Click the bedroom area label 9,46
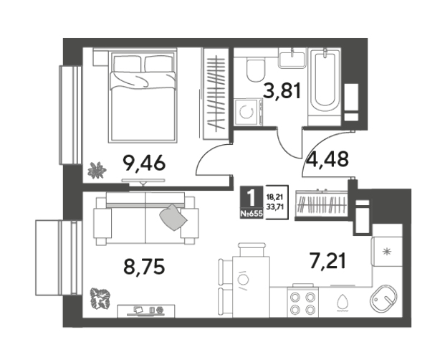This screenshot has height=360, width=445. [143, 164]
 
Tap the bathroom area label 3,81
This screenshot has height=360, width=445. [282, 91]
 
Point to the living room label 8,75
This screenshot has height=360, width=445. [144, 267]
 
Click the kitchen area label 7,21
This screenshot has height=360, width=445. [327, 261]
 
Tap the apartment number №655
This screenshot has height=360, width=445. [252, 214]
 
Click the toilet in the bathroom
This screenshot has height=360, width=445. [256, 70]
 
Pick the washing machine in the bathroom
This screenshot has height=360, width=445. [248, 112]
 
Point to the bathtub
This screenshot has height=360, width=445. [324, 82]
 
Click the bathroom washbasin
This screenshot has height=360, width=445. [292, 58]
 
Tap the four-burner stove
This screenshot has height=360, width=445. [303, 303]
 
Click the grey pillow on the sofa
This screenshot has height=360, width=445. [173, 217]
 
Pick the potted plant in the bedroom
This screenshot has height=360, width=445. [97, 170]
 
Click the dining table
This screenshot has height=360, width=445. [251, 287]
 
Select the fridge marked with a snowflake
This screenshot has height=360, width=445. [386, 252]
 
